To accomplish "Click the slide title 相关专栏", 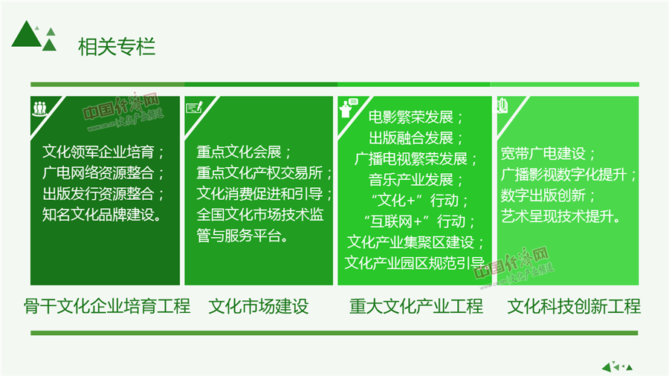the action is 117,47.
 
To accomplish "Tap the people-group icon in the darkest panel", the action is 39,108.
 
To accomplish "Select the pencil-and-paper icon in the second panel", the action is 195,107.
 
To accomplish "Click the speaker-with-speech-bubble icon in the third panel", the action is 348,108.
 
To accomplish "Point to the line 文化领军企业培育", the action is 99,152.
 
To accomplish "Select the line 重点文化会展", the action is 239,152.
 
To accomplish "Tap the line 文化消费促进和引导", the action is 260,194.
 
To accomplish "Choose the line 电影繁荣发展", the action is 411,117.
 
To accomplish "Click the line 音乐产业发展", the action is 411,180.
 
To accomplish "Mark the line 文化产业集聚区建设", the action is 410,242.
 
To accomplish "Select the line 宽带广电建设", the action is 543,154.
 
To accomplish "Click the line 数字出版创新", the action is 543,195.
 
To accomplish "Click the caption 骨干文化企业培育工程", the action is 107,306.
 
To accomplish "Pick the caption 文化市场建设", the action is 259,306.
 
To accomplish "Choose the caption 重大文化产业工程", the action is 416,306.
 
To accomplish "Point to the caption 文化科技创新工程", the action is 574,306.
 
